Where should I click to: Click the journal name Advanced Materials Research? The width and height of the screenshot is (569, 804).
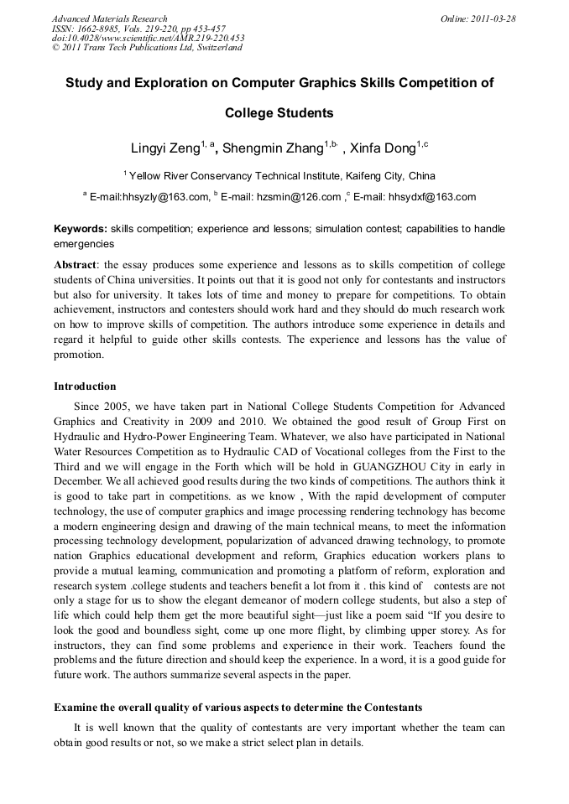click(x=110, y=18)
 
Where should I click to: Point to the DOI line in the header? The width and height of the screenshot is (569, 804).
click(x=148, y=38)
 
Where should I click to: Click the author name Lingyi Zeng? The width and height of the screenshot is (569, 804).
click(x=164, y=149)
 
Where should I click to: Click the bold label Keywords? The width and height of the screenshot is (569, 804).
click(x=81, y=229)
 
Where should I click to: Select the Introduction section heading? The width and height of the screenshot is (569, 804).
click(x=85, y=386)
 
